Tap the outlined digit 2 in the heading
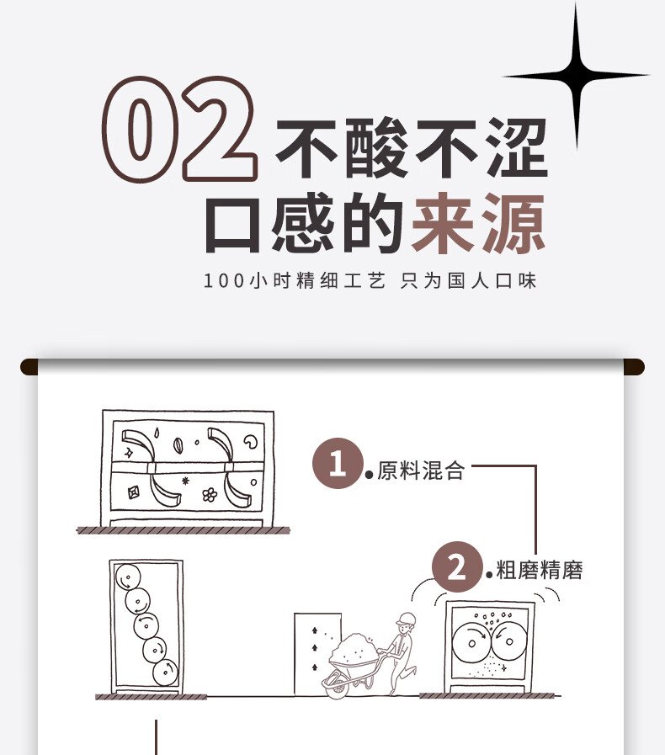[x=218, y=129]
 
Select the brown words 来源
[x=478, y=223]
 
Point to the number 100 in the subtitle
[x=224, y=281]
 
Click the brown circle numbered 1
[x=338, y=463]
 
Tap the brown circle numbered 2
[x=457, y=566]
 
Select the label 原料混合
[x=421, y=471]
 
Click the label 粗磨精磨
[x=540, y=570]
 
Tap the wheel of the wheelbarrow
[x=337, y=683]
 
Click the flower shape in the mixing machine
[x=210, y=495]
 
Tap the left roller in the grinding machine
[x=471, y=643]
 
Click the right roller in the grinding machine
[x=508, y=641]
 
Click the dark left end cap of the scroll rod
[x=29, y=366]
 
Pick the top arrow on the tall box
[x=315, y=630]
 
